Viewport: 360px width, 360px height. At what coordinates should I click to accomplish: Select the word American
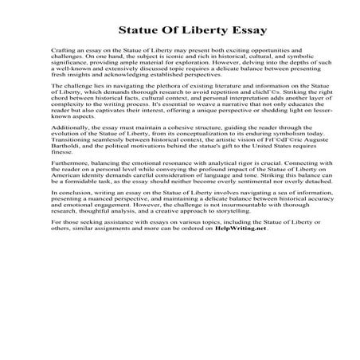66,218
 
